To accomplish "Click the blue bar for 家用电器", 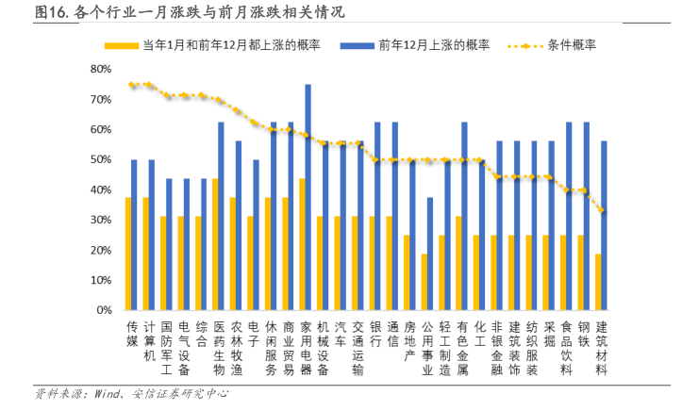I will (308, 197).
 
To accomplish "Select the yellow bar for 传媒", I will (129, 254).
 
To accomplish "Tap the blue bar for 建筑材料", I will (604, 225).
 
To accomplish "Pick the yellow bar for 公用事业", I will (425, 282).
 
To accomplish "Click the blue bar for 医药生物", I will (221, 216).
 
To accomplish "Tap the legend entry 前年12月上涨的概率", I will (434, 44).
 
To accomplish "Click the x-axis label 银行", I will (374, 335).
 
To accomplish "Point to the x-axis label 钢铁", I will (584, 335).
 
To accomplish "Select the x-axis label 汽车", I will (340, 335).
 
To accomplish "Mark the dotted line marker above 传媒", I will (131, 85).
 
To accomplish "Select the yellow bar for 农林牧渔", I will (233, 254).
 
